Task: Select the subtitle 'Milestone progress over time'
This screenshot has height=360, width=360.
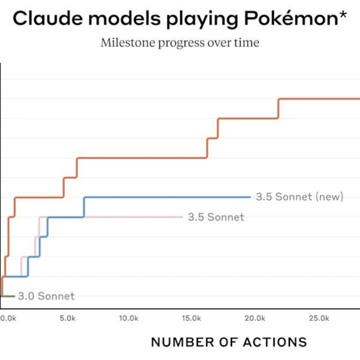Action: click(x=180, y=43)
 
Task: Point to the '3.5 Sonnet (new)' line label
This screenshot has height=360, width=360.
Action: click(x=299, y=197)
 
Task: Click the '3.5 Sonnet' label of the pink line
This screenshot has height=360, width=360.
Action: click(x=216, y=217)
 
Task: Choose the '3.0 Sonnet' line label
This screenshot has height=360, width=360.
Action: click(x=46, y=296)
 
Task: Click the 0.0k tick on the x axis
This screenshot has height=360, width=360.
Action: click(x=7, y=319)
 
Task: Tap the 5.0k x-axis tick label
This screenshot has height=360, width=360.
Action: click(x=68, y=319)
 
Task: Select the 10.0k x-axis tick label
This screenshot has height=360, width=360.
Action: click(x=129, y=319)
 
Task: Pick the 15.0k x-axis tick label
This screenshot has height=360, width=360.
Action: click(x=192, y=319)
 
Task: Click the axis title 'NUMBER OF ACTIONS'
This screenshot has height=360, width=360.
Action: click(x=229, y=342)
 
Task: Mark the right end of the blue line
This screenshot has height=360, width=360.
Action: click(x=250, y=197)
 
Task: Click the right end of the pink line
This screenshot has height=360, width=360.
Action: click(x=182, y=217)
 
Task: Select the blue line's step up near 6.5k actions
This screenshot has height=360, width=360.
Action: click(x=84, y=207)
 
